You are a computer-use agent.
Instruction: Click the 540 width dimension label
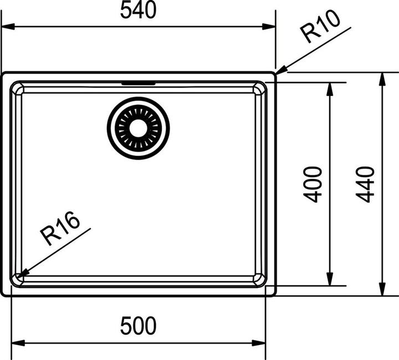138,10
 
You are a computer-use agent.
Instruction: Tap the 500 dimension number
138,326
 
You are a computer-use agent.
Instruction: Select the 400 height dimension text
313,185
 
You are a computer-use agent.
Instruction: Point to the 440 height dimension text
365,185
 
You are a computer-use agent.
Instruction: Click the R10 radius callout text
320,26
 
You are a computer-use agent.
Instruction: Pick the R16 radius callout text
60,229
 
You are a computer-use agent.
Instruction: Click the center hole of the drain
138,128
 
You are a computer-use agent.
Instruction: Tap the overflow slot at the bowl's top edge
139,83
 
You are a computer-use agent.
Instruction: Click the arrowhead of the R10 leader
281,70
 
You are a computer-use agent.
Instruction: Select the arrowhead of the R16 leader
22,273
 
